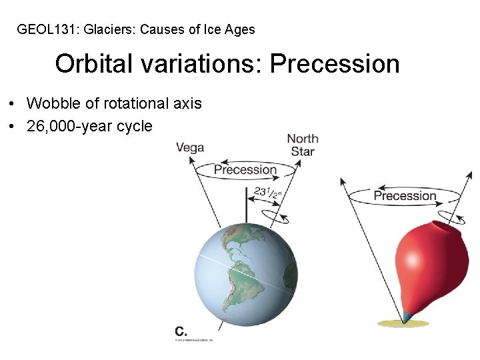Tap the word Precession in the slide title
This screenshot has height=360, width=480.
coord(335,64)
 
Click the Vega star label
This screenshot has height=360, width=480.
coord(190,147)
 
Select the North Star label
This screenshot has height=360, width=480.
coord(303,145)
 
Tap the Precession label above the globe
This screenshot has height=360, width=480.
coord(245,169)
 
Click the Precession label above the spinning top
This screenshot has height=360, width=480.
coord(405,195)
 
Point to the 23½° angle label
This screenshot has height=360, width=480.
coord(268,193)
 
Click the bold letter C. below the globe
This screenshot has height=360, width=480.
coord(181,331)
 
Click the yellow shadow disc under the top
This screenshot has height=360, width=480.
coord(403,323)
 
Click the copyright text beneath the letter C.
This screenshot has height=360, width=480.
coord(193,340)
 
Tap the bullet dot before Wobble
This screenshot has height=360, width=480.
coord(13,104)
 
